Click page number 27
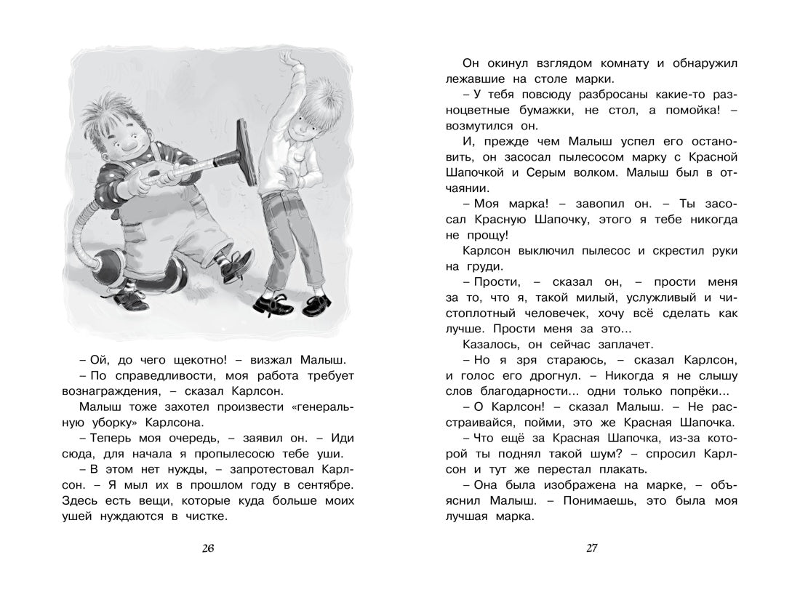coord(591,548)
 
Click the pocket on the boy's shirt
coord(297,161)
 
